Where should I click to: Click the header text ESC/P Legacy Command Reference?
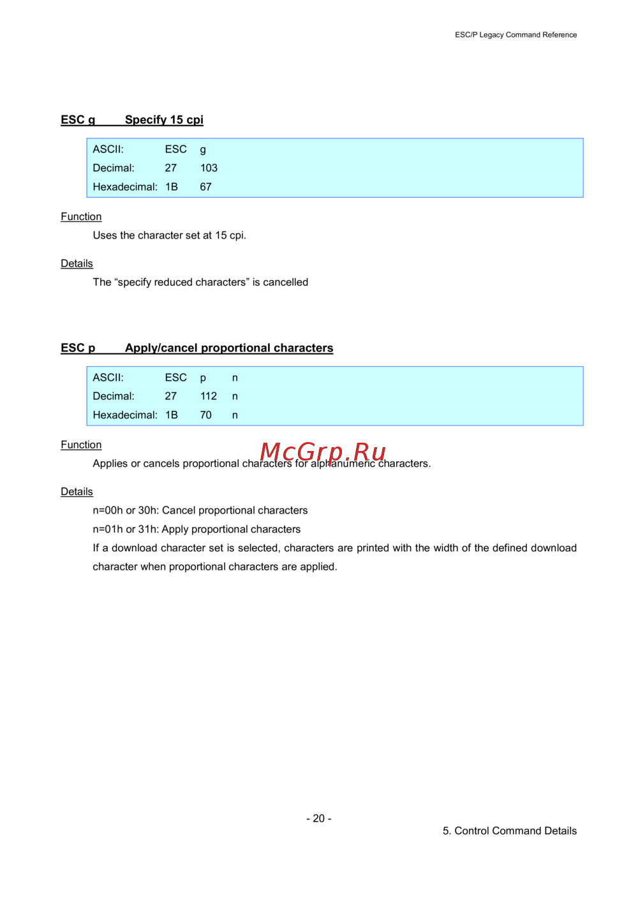(x=516, y=35)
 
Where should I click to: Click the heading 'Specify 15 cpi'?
(x=164, y=120)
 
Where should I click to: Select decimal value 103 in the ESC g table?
(x=209, y=168)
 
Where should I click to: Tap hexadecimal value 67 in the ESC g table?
(x=205, y=187)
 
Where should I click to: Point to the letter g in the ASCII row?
(x=203, y=150)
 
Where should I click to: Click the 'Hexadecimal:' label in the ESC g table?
(x=125, y=187)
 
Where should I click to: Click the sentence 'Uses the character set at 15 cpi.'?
(x=169, y=235)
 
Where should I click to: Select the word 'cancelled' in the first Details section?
(x=285, y=282)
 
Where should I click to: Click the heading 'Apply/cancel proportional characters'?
(x=229, y=348)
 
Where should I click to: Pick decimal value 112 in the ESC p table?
(x=209, y=396)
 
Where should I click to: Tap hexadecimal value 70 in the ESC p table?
(x=205, y=415)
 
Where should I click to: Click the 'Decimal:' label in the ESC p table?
(x=114, y=396)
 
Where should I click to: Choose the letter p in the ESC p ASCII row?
(x=203, y=378)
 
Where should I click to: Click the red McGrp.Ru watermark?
(x=323, y=452)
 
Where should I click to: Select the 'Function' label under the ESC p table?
(x=81, y=445)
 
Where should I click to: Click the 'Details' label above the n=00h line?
(x=77, y=492)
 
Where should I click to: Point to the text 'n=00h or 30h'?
(x=124, y=510)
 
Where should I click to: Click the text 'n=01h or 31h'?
(x=124, y=529)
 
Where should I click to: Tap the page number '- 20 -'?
(x=318, y=818)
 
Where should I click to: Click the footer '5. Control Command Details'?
(x=509, y=831)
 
